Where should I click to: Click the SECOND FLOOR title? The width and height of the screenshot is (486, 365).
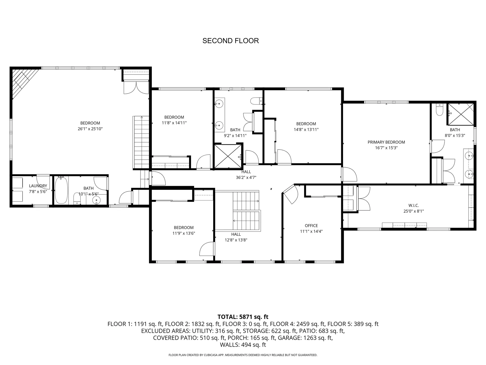231,41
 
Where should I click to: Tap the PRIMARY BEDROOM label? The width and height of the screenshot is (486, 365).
386,142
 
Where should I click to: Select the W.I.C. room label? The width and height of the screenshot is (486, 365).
413,205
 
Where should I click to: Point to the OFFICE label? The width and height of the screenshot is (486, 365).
311,226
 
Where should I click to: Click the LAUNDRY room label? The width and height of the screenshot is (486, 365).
38,186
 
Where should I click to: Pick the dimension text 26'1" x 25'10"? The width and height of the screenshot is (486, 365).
90,129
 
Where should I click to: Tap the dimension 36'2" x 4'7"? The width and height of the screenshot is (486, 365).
246,177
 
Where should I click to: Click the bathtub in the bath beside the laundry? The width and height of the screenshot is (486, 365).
61,190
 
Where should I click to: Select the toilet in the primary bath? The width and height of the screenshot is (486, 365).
440,109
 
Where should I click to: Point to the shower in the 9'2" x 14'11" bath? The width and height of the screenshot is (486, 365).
228,156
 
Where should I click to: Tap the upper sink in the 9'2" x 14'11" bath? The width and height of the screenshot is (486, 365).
219,103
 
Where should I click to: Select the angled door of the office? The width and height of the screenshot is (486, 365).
291,194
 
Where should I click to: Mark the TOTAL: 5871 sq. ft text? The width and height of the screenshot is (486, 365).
243,317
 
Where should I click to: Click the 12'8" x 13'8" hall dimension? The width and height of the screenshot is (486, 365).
236,240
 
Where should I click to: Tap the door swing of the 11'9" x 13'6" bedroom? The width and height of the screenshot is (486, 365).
207,249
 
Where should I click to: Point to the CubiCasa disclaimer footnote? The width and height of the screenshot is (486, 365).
243,355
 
